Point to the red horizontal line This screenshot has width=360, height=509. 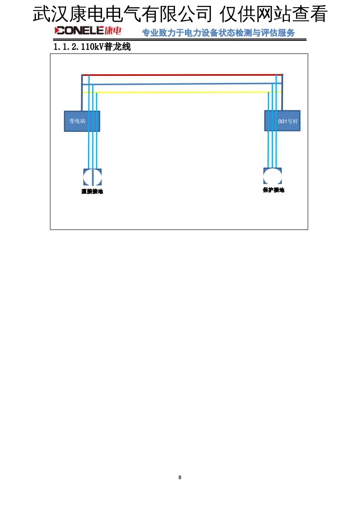181,75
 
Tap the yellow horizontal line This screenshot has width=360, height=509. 181,92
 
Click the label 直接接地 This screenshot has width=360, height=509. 92,191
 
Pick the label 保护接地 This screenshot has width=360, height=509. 273,190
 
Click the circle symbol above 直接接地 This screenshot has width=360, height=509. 92,177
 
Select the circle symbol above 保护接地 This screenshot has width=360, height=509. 272,176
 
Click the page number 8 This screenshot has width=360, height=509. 180,477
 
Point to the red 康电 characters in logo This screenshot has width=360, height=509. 113,31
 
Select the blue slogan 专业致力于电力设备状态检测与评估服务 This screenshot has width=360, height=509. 218,33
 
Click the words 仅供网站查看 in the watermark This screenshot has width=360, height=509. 273,15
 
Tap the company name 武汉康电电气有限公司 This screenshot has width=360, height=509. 122,15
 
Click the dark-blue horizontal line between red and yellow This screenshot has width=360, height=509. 181,83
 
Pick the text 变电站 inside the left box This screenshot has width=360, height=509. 77,121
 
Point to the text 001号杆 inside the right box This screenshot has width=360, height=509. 288,121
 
